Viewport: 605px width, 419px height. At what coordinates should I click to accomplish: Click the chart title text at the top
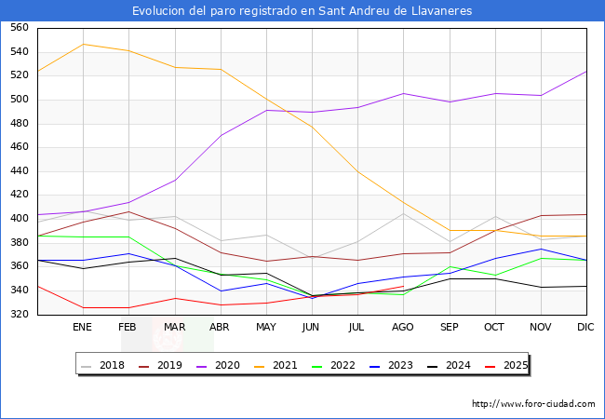click(x=302, y=11)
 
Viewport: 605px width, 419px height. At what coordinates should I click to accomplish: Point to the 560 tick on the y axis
click(x=19, y=28)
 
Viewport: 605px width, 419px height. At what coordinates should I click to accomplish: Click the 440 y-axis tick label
click(x=19, y=171)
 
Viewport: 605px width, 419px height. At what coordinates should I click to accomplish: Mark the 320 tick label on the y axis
click(x=19, y=315)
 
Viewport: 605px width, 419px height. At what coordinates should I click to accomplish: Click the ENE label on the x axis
click(x=82, y=328)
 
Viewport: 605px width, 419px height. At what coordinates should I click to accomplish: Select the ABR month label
click(x=220, y=328)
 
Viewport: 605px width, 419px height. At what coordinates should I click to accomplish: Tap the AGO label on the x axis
click(x=403, y=328)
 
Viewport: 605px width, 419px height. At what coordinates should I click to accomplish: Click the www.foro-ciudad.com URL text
click(x=533, y=404)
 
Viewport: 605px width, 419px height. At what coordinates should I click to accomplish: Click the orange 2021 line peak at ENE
click(x=82, y=44)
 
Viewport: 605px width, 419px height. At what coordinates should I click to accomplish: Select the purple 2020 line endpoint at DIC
click(x=586, y=72)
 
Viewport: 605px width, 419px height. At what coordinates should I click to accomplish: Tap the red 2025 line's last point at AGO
click(x=403, y=287)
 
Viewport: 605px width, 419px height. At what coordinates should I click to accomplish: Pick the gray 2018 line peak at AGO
click(x=403, y=213)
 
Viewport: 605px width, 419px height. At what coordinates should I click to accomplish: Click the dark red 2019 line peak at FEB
click(x=128, y=211)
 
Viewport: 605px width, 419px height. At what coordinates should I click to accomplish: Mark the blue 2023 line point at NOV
click(x=541, y=249)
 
